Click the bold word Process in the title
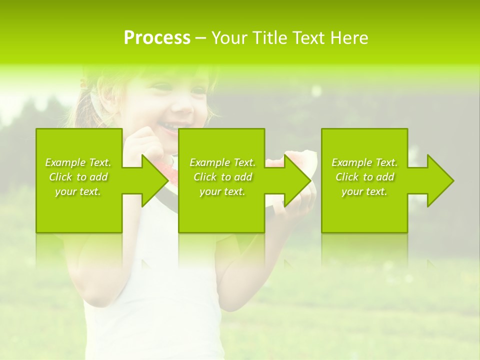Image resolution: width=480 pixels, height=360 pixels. pyautogui.click(x=157, y=38)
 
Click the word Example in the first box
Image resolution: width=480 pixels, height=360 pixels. pyautogui.click(x=65, y=162)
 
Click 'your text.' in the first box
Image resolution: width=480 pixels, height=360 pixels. pyautogui.click(x=78, y=191)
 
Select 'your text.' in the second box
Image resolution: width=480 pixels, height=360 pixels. pyautogui.click(x=222, y=191)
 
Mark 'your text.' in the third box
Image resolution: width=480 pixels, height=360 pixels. pyautogui.click(x=364, y=191)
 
